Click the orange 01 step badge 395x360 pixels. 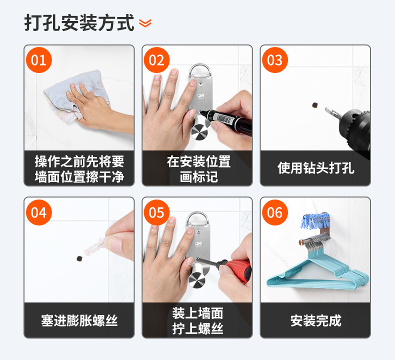point(39,60)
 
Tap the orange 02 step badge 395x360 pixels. point(156,60)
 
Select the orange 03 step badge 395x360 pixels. point(275,60)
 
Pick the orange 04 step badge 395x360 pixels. point(39,212)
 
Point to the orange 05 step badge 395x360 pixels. point(156,212)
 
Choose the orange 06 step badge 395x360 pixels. point(275,212)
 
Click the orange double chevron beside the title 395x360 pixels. point(145,23)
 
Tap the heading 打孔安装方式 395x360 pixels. point(79,23)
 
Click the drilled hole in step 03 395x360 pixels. point(314,105)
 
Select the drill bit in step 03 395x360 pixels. point(332,113)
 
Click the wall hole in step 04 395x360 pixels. point(79,258)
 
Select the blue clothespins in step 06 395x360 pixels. point(315,221)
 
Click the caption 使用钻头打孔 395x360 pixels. point(315,168)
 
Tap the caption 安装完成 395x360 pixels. point(315,320)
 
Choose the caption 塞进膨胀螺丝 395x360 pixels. point(79,320)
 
